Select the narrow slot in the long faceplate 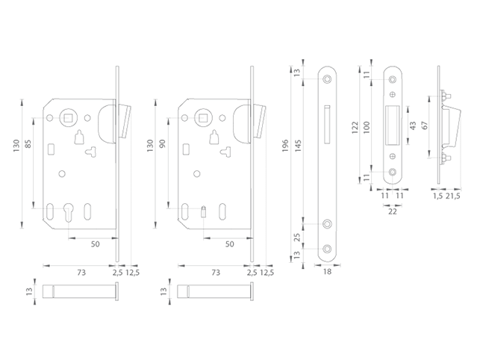click(x=328, y=123)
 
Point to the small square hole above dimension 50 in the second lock click(x=203, y=211)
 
